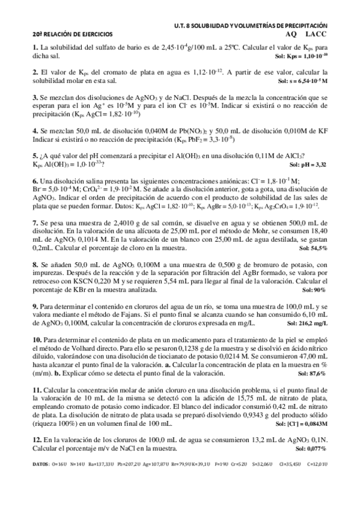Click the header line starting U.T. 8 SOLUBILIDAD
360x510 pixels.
pos(249,26)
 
